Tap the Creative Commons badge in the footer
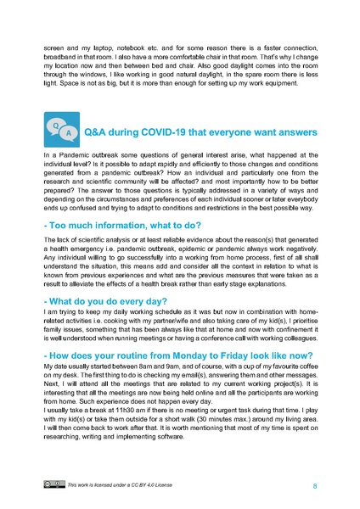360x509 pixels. tap(55, 486)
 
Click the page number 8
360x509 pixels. tap(314, 486)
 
